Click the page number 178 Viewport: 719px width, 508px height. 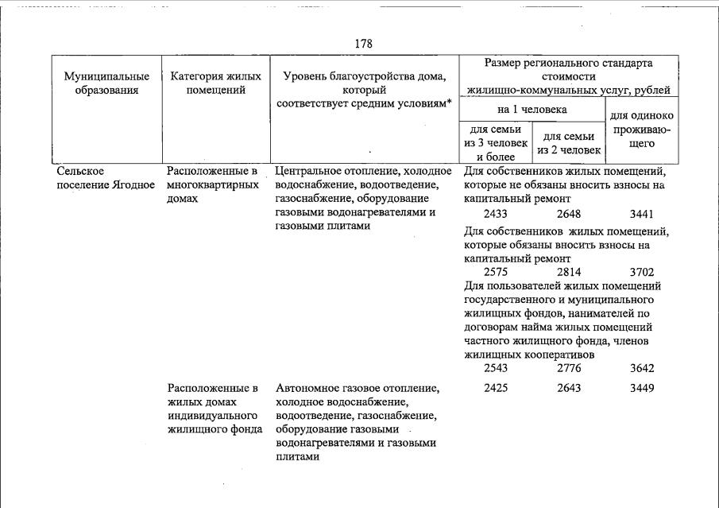363,44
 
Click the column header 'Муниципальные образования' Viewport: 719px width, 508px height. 107,83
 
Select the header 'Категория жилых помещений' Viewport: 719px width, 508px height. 215,83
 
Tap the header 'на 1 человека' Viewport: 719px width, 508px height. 532,109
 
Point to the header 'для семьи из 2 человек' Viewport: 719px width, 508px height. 568,143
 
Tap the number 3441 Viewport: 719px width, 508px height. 641,214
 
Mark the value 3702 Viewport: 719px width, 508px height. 641,272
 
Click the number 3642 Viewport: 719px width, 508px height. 641,367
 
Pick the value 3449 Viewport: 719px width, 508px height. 641,388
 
